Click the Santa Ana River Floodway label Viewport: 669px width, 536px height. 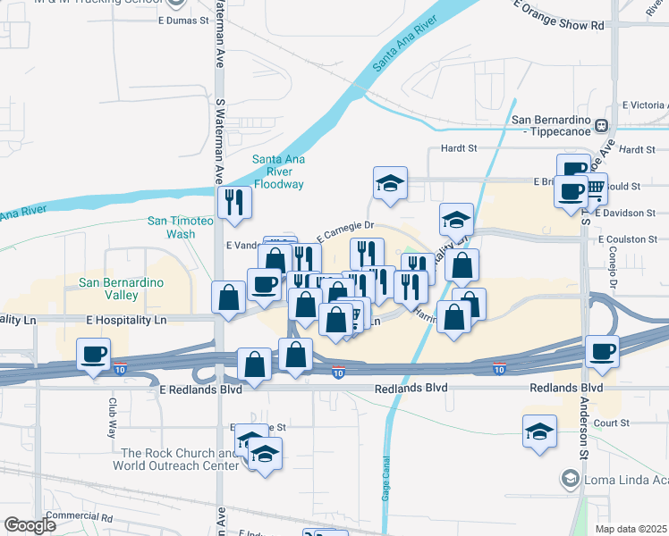[x=278, y=172]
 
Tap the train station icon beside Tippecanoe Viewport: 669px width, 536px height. [x=603, y=127]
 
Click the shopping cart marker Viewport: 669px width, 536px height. [x=593, y=187]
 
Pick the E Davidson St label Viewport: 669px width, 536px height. [x=630, y=214]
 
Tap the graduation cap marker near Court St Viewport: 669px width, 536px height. [x=540, y=431]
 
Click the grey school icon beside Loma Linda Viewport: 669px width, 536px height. [x=569, y=480]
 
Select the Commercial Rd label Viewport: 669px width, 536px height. [x=80, y=517]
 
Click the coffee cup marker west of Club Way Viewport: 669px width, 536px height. [x=94, y=354]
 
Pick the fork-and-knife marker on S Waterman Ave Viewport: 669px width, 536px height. [x=234, y=201]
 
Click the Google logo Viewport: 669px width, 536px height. [x=30, y=525]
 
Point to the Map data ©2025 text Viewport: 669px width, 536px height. [x=631, y=529]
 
